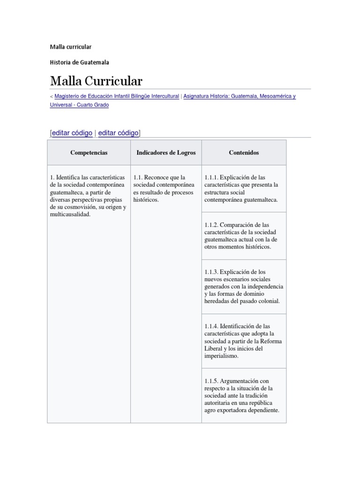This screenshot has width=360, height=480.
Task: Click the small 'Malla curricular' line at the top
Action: point(70,47)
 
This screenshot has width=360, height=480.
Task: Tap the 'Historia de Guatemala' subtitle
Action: point(79,62)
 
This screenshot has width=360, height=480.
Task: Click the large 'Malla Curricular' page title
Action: point(96,81)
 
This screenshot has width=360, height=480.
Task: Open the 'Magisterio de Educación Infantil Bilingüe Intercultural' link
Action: point(117,96)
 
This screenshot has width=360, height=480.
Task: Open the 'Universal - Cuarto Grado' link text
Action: point(79,105)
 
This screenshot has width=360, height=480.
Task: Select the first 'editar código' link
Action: point(72,133)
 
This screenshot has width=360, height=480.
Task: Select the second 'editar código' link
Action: point(118,133)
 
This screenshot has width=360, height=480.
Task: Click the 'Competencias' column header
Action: point(89,153)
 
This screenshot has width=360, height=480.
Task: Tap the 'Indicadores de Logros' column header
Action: point(166,153)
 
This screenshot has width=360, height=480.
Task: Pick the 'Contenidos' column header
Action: point(244,153)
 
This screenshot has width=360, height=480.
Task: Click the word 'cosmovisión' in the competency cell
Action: point(78,207)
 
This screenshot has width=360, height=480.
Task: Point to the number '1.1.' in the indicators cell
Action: point(138,178)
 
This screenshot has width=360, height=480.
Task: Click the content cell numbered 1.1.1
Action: point(244,188)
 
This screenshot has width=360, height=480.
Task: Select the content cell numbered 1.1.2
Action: point(244,236)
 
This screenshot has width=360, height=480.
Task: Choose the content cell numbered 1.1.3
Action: point(244,286)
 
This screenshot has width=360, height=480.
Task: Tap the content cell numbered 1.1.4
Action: point(244,341)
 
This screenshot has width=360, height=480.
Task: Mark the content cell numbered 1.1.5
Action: point(244,396)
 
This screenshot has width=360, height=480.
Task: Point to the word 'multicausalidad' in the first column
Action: point(69,214)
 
